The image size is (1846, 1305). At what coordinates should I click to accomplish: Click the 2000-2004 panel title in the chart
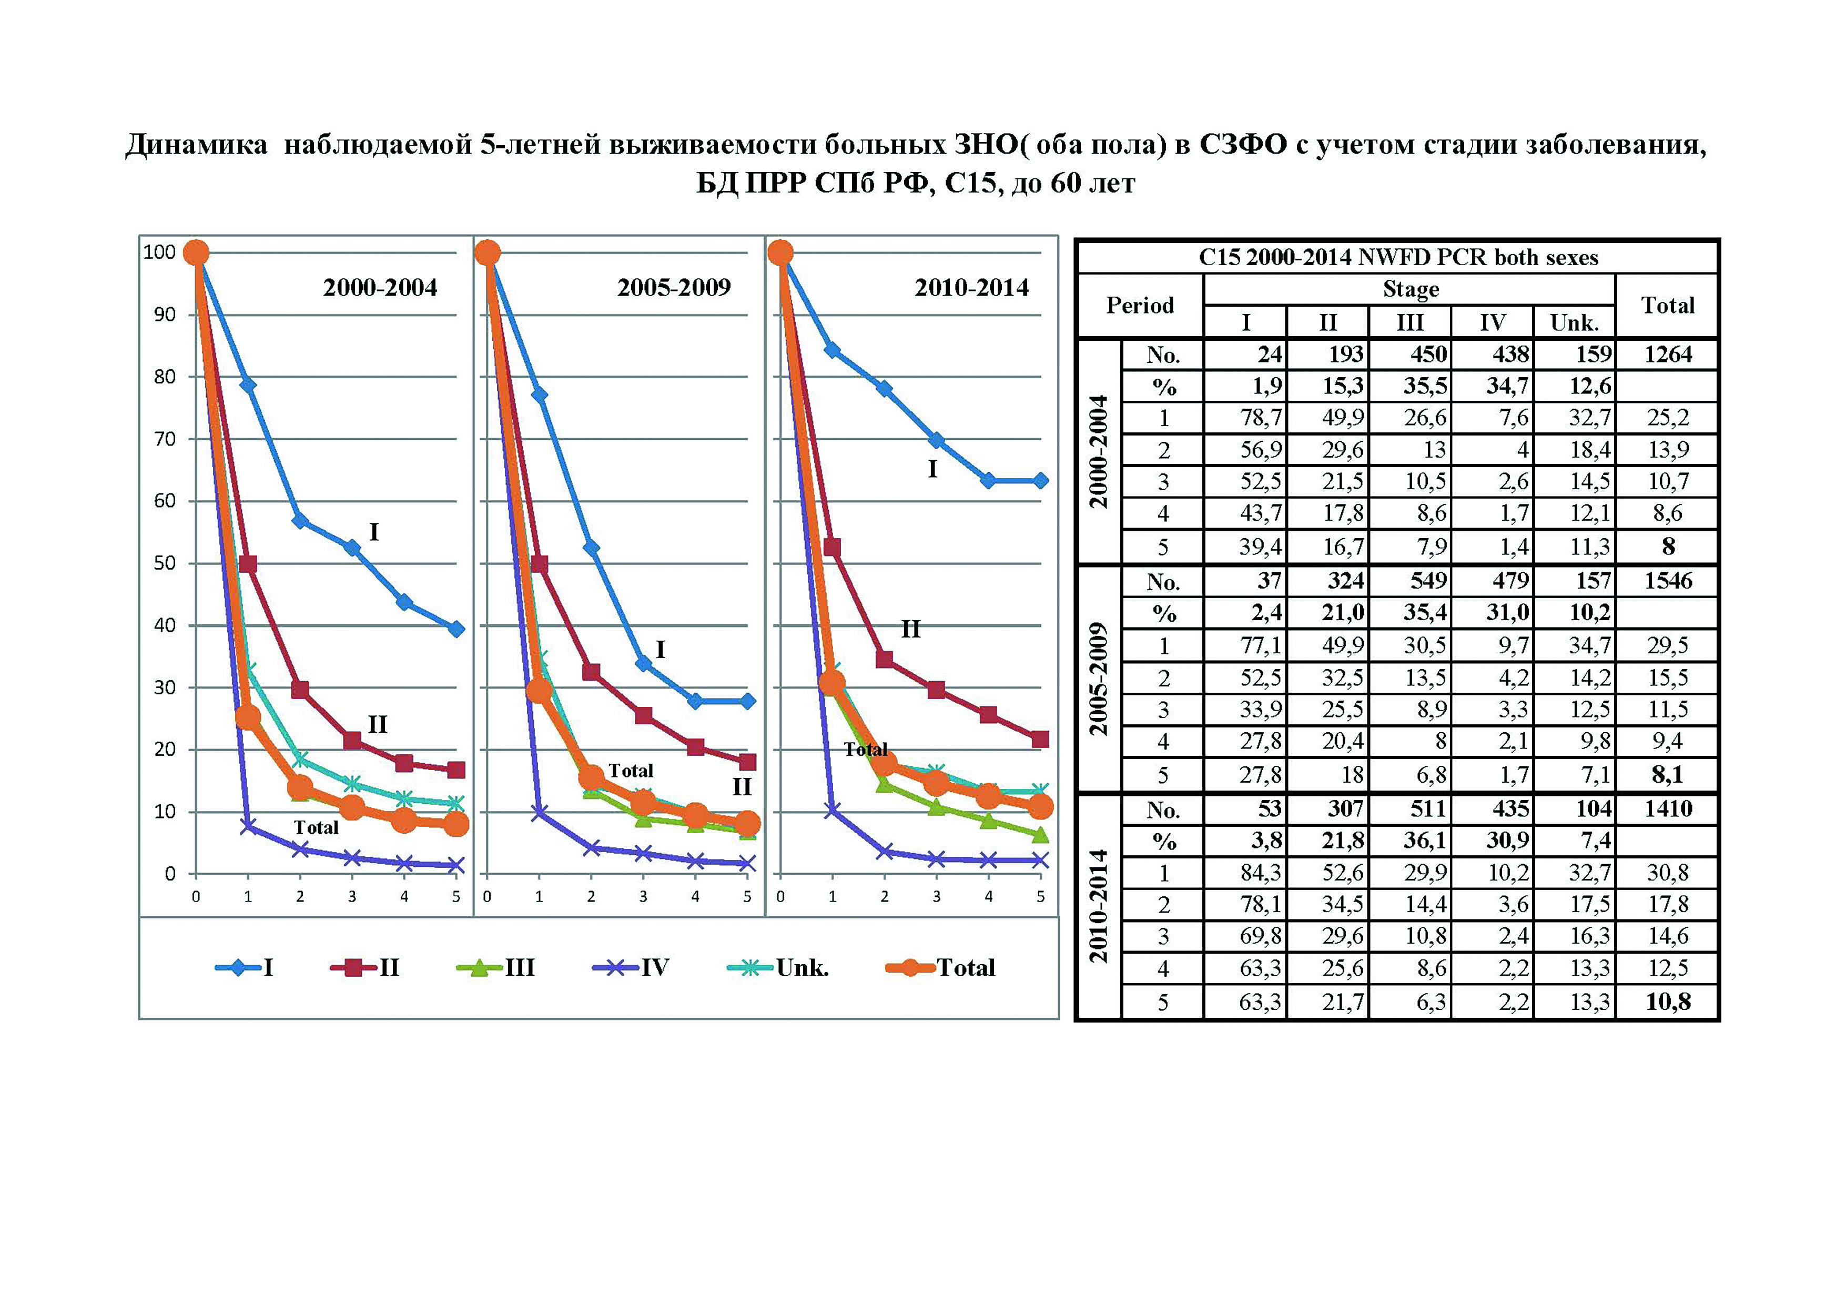[x=380, y=287]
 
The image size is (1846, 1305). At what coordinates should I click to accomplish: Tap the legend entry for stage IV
[x=631, y=967]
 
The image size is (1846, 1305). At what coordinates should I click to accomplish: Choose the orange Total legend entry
[x=941, y=967]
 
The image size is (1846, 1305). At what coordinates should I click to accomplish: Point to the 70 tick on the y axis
[x=164, y=439]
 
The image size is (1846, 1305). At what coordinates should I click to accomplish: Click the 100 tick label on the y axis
[x=159, y=252]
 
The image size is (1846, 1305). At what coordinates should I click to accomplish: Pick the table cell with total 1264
[x=1668, y=354]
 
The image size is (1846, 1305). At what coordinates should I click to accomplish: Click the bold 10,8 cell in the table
[x=1668, y=1002]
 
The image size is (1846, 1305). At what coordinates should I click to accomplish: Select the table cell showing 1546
[x=1668, y=581]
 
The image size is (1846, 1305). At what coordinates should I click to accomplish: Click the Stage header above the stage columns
[x=1410, y=289]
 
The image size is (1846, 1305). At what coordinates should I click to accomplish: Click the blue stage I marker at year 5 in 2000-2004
[x=456, y=629]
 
